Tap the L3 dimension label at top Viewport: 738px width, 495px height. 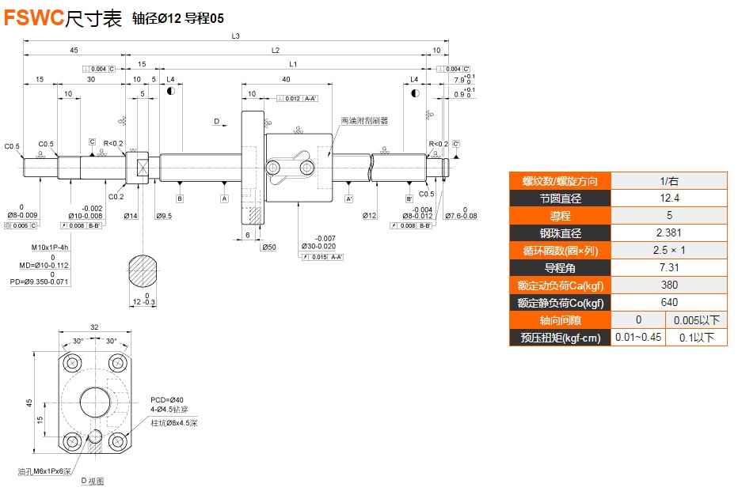tap(235, 36)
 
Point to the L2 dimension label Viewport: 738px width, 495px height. tap(276, 50)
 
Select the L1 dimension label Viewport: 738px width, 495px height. tap(293, 64)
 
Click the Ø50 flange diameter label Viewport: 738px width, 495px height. tap(269, 247)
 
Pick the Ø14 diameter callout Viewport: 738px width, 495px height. tap(131, 215)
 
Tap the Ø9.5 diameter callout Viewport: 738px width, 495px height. tap(164, 215)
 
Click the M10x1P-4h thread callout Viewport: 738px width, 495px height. tap(50, 247)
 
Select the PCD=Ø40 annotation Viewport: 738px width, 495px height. tap(167, 399)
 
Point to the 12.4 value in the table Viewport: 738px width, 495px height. tap(669, 198)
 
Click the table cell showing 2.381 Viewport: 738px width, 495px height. tap(669, 232)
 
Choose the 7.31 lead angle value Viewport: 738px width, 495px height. tap(669, 267)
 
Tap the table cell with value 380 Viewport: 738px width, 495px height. tap(669, 285)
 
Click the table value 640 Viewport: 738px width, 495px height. tap(669, 302)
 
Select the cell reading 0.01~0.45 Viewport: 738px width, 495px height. tap(638, 338)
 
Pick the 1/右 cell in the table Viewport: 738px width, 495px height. tap(669, 180)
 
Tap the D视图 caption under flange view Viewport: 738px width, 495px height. tap(93, 481)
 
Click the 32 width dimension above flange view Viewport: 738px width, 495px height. tap(95, 327)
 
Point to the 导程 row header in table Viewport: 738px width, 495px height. tap(560, 215)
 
